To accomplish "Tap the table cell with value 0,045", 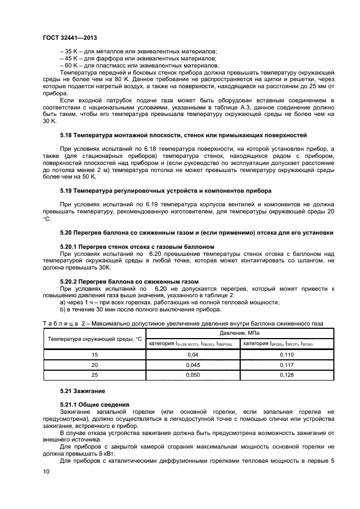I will tap(194, 365).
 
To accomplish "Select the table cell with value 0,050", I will tap(194, 375).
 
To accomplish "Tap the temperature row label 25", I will tap(94, 375).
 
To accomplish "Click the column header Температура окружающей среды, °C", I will tap(94, 338).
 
